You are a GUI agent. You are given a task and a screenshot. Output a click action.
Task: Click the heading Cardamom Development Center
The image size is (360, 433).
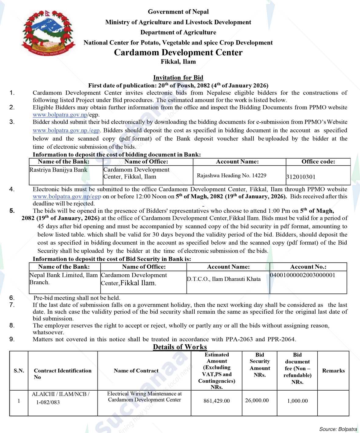178,52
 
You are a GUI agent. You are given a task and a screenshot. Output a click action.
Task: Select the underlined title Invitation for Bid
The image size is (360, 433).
178,78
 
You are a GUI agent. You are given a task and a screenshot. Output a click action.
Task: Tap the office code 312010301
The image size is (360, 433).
301,177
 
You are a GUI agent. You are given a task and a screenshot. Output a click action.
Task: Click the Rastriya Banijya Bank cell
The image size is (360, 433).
58,170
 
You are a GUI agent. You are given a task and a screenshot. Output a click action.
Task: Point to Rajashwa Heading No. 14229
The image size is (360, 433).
231,175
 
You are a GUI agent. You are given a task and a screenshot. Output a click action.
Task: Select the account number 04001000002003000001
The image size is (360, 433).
303,275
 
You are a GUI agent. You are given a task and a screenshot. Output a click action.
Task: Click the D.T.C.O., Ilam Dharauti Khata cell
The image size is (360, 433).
223,279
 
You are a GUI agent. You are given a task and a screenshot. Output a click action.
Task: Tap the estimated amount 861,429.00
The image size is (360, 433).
216,401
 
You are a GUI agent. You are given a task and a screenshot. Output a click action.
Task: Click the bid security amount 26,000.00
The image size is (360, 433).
257,400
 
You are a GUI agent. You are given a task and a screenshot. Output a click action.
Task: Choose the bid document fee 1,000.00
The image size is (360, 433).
297,401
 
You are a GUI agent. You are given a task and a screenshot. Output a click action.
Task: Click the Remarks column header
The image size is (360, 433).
333,371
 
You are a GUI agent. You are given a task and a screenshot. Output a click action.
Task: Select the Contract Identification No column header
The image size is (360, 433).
62,374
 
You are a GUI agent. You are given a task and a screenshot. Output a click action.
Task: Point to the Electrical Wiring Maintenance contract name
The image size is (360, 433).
144,397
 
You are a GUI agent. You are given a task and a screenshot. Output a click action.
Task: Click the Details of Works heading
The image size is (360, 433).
180,347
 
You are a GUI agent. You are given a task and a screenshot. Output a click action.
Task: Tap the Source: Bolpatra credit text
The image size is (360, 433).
338,429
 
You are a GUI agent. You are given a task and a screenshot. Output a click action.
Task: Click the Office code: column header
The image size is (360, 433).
318,162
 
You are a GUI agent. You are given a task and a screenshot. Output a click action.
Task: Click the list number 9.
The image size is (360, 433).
12,339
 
